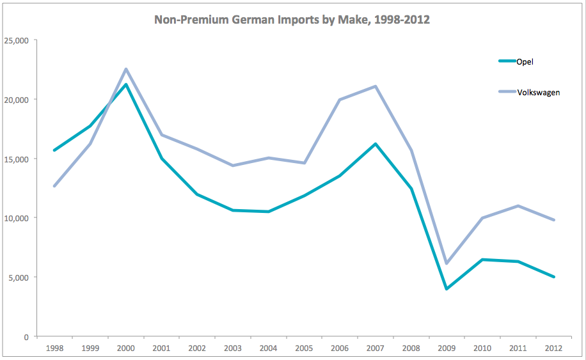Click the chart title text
[x=292, y=20]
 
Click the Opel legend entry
[x=525, y=61]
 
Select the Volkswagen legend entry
[x=538, y=92]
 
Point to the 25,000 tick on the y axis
[x=17, y=40]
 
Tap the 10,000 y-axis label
[x=17, y=218]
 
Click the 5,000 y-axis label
[x=19, y=278]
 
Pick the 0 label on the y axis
[x=26, y=336]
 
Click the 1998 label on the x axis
[x=55, y=348]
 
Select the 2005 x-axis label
[x=305, y=348]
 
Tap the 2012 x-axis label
[x=554, y=348]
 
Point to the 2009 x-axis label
[x=447, y=348]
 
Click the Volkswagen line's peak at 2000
[x=126, y=69]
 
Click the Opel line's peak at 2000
[x=126, y=84]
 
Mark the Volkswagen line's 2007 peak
[x=376, y=86]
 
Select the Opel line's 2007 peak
[x=376, y=144]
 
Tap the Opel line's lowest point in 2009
[x=447, y=289]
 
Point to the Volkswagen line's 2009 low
[x=447, y=263]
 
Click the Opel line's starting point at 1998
[x=55, y=150]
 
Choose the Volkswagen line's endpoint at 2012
[x=554, y=220]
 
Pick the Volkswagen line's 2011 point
[x=518, y=206]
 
